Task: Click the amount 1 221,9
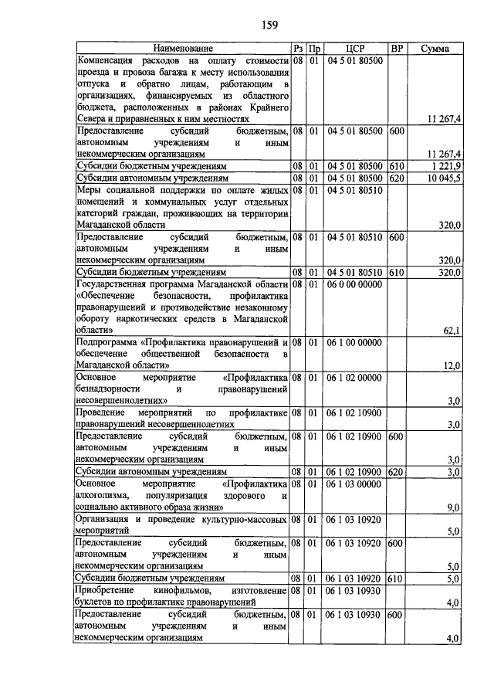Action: click(444, 166)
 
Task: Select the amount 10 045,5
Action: click(442, 178)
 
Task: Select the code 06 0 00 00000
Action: click(354, 284)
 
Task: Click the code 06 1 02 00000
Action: click(354, 377)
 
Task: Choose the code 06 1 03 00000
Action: click(354, 484)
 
